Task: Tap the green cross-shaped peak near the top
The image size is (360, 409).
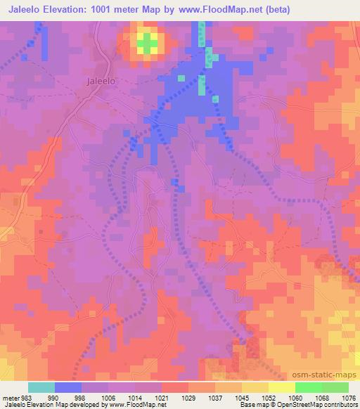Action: coord(147,44)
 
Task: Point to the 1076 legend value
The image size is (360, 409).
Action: coord(347,398)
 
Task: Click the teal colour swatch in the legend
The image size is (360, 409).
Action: coord(41,387)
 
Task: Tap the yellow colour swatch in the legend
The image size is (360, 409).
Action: coord(281,387)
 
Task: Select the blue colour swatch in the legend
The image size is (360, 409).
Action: coord(68,387)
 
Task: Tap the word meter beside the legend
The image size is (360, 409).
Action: coord(10,398)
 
